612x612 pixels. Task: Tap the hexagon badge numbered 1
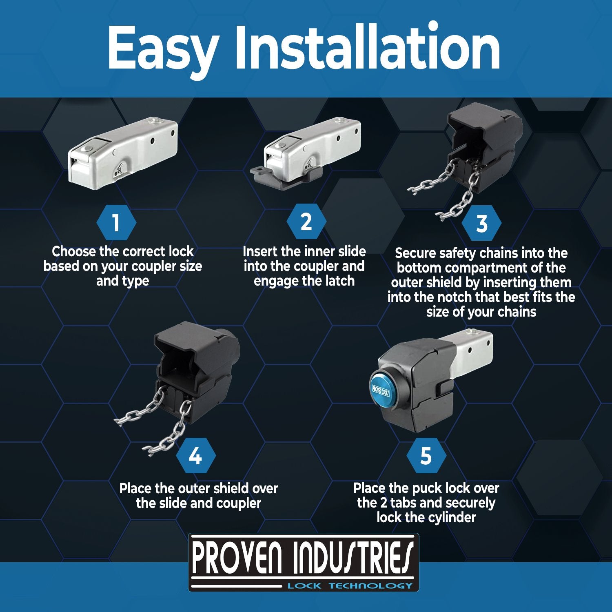click(x=116, y=223)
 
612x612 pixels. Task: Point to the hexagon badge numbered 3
click(x=482, y=223)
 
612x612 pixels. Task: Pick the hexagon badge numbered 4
click(x=195, y=456)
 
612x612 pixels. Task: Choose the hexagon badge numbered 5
click(x=426, y=456)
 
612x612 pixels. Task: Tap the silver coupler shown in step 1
click(x=122, y=155)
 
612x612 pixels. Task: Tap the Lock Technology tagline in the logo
click(x=350, y=586)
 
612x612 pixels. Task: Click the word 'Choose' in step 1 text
click(x=73, y=251)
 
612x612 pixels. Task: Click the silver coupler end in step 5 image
click(x=473, y=347)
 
